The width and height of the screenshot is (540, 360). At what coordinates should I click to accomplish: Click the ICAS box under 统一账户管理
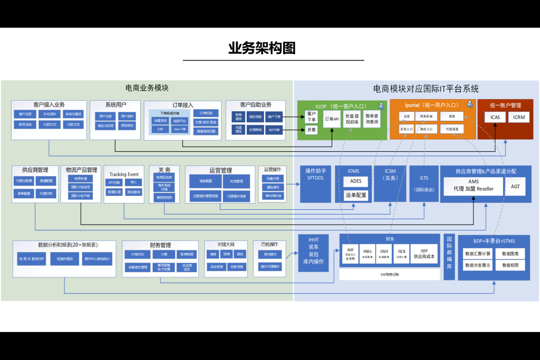click(x=495, y=117)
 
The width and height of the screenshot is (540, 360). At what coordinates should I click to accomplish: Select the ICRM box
click(x=518, y=117)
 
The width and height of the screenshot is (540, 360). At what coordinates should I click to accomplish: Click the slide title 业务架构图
click(x=262, y=48)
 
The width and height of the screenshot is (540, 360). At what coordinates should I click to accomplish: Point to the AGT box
click(x=515, y=186)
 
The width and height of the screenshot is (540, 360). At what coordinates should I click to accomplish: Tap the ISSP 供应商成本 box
click(x=424, y=254)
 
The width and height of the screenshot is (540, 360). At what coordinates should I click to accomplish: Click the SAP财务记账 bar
click(x=390, y=275)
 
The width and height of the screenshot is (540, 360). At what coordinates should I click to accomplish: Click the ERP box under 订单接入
click(x=160, y=129)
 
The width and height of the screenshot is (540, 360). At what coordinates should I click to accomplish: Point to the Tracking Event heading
click(x=124, y=174)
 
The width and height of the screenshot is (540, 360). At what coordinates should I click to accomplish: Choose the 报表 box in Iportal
click(x=452, y=116)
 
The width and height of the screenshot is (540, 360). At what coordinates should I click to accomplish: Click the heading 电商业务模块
click(x=147, y=88)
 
